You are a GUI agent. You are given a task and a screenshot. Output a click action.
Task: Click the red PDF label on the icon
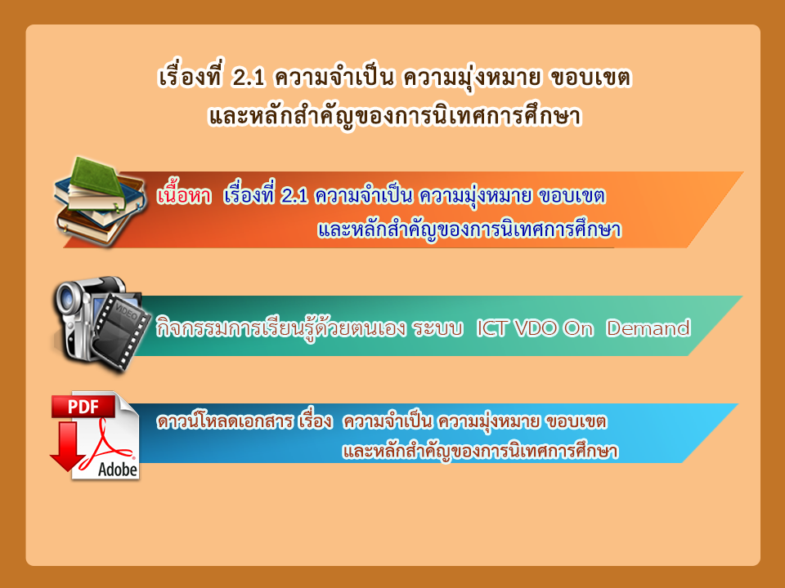tap(83, 407)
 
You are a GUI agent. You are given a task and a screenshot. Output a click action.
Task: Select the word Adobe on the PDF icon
tap(118, 470)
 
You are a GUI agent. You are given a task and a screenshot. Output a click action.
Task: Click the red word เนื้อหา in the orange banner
tap(184, 195)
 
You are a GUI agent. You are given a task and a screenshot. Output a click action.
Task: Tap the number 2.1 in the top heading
tap(249, 78)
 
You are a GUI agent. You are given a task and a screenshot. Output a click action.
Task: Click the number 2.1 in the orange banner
tap(294, 195)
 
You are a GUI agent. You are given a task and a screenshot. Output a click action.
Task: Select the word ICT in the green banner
tap(491, 328)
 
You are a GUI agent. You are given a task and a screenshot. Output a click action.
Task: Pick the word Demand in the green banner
tap(648, 328)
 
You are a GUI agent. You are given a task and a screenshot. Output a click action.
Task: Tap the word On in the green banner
tap(578, 328)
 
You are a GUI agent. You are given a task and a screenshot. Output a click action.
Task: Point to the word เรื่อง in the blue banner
tap(315, 421)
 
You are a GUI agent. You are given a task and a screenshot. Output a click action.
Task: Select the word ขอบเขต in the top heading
tap(590, 78)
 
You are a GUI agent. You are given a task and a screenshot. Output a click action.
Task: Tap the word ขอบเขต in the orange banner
tap(572, 195)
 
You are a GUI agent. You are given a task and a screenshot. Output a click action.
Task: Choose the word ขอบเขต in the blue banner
tap(576, 421)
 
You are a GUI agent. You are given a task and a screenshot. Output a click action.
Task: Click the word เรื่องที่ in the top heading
tap(191, 77)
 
